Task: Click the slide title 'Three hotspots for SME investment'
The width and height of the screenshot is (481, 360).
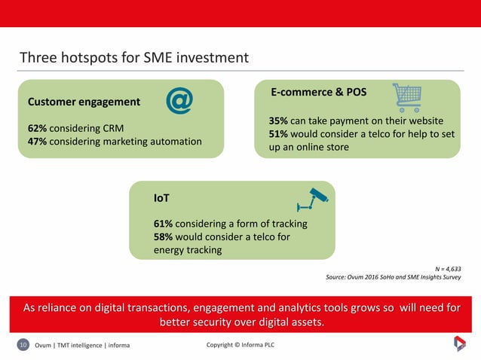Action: pos(133,58)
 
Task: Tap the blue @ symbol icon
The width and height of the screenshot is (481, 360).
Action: pos(179,101)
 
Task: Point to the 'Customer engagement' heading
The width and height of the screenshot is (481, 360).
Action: pos(84,102)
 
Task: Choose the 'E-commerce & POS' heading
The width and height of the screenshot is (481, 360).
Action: pos(319,93)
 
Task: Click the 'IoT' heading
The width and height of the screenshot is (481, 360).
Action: pos(161,197)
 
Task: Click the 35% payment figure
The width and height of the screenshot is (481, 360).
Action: pos(280,121)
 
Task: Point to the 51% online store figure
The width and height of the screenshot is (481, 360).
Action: pos(280,134)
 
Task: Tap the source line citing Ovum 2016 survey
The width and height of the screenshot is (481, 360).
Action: pos(393,277)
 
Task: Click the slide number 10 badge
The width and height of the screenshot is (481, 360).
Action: pos(23,345)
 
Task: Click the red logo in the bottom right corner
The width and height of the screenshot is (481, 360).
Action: pos(459,344)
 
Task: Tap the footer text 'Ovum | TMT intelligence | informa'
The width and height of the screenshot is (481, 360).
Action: pos(82,345)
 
